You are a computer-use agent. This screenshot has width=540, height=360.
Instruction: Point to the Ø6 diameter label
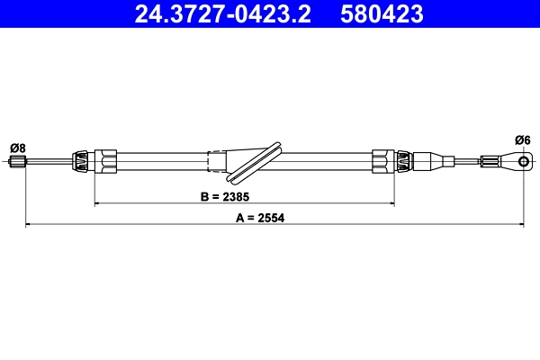pyautogui.click(x=523, y=139)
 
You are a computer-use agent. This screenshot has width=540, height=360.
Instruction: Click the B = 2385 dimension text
pyautogui.click(x=224, y=195)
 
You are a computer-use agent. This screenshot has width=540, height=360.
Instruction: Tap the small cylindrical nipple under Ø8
pyautogui.click(x=16, y=162)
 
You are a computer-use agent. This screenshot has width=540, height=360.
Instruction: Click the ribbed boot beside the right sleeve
pyautogui.click(x=404, y=162)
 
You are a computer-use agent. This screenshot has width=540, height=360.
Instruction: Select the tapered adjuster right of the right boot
pyautogui.click(x=431, y=162)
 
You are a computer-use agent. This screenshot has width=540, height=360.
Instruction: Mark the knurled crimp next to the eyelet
pyautogui.click(x=490, y=162)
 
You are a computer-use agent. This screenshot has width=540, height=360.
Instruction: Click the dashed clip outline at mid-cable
pyautogui.click(x=217, y=161)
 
